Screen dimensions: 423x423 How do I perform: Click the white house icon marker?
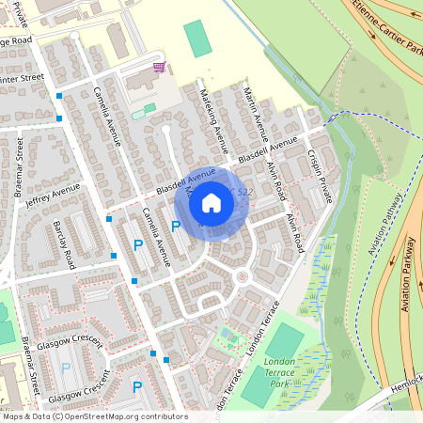click(x=211, y=202)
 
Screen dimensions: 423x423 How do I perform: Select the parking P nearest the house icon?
click(x=175, y=227)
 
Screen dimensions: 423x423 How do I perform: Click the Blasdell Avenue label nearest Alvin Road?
click(x=267, y=151)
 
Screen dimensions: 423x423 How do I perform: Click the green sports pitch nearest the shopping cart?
click(x=197, y=38)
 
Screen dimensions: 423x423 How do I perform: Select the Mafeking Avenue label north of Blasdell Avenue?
click(x=213, y=117)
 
